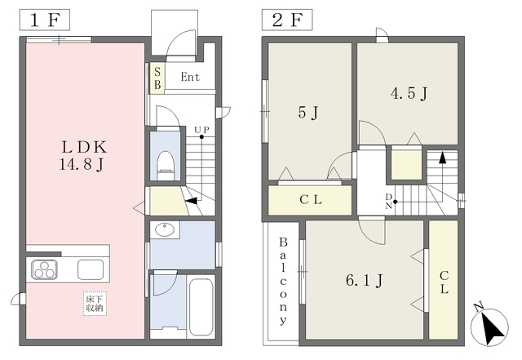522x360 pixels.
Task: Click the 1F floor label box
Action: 44,20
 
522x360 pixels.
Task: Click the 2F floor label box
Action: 287,20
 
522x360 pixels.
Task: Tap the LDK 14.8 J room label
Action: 83,155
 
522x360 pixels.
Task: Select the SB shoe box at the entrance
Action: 157,78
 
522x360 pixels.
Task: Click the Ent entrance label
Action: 190,77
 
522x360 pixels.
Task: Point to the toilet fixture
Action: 166,166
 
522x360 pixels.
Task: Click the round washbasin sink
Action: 165,229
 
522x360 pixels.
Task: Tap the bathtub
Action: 201,306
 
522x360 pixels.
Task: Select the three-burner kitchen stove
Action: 44,269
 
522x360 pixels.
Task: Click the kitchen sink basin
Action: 91,269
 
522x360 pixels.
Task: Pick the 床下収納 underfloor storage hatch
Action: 95,304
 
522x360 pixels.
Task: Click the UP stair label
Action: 201,129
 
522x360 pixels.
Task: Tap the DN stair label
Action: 388,202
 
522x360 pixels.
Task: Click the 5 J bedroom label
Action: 308,112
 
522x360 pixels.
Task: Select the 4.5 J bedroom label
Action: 409,93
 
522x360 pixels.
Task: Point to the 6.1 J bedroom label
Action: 365,280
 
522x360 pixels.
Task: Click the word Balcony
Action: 283,280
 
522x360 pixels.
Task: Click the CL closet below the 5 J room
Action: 310,200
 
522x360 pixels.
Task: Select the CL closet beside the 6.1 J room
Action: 444,280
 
